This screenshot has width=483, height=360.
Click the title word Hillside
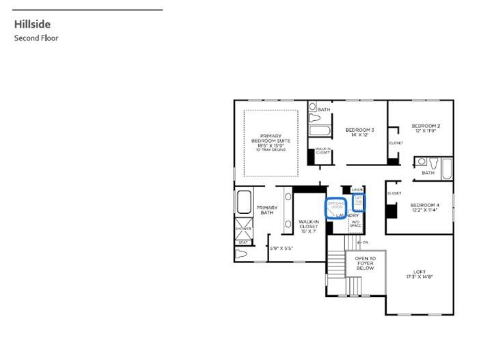(x=32, y=25)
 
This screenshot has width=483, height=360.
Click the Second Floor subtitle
(x=36, y=38)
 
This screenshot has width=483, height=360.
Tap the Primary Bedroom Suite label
(x=271, y=141)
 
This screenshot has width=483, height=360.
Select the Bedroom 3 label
(x=359, y=133)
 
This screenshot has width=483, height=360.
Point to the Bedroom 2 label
(x=425, y=128)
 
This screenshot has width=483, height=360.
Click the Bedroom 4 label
(x=424, y=208)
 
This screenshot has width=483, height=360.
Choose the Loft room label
(x=419, y=274)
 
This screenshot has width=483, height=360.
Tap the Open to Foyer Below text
(x=365, y=263)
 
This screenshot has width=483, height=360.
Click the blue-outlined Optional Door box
(x=335, y=208)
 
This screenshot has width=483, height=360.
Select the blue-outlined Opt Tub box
(x=359, y=202)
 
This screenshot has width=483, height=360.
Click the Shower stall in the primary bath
(x=244, y=228)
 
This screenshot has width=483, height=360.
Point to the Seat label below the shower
(x=243, y=242)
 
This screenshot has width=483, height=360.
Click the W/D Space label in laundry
(x=355, y=223)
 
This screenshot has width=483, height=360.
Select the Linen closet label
(x=357, y=189)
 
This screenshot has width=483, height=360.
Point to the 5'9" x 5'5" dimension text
(x=281, y=248)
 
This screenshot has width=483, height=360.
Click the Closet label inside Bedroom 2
(x=396, y=143)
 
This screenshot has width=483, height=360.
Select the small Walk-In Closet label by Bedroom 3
(x=322, y=150)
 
